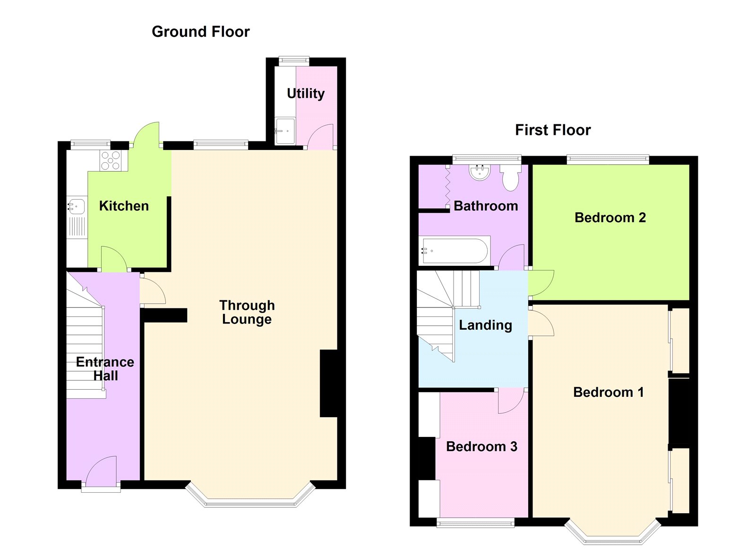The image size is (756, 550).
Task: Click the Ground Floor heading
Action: point(200,32)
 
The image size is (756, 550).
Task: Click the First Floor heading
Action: point(552,130)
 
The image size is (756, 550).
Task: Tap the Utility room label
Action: point(306,93)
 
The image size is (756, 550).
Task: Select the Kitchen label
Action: point(124,206)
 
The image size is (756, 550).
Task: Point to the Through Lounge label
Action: point(247,312)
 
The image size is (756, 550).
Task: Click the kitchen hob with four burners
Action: point(111,160)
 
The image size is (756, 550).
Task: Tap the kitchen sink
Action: point(77,207)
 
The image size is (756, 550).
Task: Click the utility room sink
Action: point(285,131)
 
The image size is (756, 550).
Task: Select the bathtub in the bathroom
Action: point(454,251)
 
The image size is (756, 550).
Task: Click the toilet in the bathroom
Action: point(510,177)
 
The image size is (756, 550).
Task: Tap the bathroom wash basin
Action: point(480,172)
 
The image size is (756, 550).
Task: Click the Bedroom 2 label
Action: point(610,218)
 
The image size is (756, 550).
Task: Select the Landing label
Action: point(485,325)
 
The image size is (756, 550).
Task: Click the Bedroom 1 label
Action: point(608,392)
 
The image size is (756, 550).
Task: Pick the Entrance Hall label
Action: point(105,368)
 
